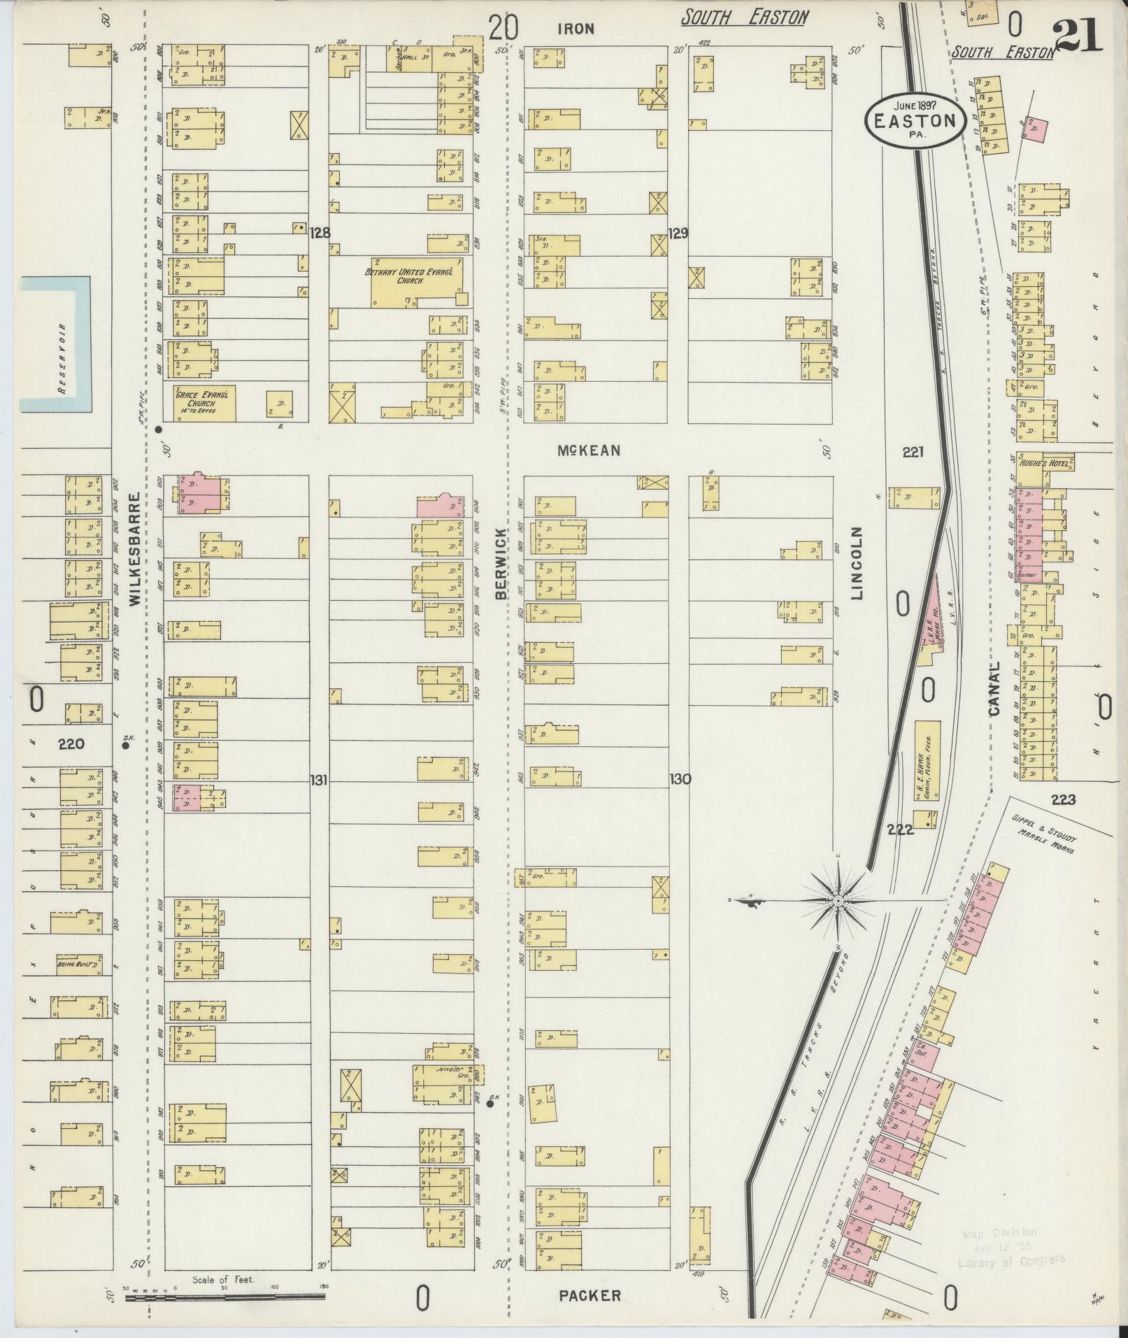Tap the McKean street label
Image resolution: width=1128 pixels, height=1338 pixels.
click(x=588, y=450)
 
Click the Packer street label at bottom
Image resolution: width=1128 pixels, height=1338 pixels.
click(x=590, y=1296)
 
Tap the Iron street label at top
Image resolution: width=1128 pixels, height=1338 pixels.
click(x=576, y=29)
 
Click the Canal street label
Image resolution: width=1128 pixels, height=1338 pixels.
click(x=995, y=688)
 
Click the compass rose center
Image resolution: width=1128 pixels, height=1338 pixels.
click(x=837, y=902)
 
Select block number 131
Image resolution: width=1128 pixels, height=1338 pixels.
click(x=318, y=780)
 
